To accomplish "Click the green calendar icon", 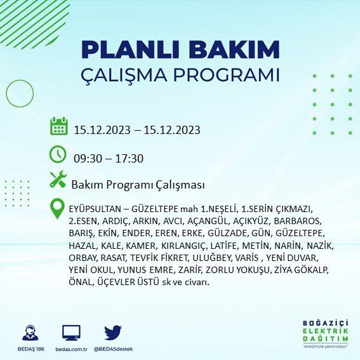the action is [x=59, y=126].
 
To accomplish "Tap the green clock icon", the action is [x=58, y=154].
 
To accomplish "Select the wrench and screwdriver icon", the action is [x=58, y=180].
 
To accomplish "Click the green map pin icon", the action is [x=57, y=208].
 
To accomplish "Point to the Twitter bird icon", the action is [x=113, y=333].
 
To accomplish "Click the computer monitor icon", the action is [x=71, y=333].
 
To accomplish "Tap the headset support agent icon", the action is [x=30, y=333].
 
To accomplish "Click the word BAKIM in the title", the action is [x=234, y=50].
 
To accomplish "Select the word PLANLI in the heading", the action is [x=130, y=50].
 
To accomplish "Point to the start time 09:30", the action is [x=88, y=159].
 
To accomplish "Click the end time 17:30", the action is [x=130, y=159].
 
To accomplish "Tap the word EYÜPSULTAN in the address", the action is [x=95, y=209].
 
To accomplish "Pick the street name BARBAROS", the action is [x=298, y=221].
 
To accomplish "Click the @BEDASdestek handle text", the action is [x=113, y=349].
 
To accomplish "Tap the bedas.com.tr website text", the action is [x=71, y=349].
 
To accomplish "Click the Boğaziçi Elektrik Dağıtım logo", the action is [x=325, y=333].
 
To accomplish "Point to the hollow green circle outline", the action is [x=6, y=93].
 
